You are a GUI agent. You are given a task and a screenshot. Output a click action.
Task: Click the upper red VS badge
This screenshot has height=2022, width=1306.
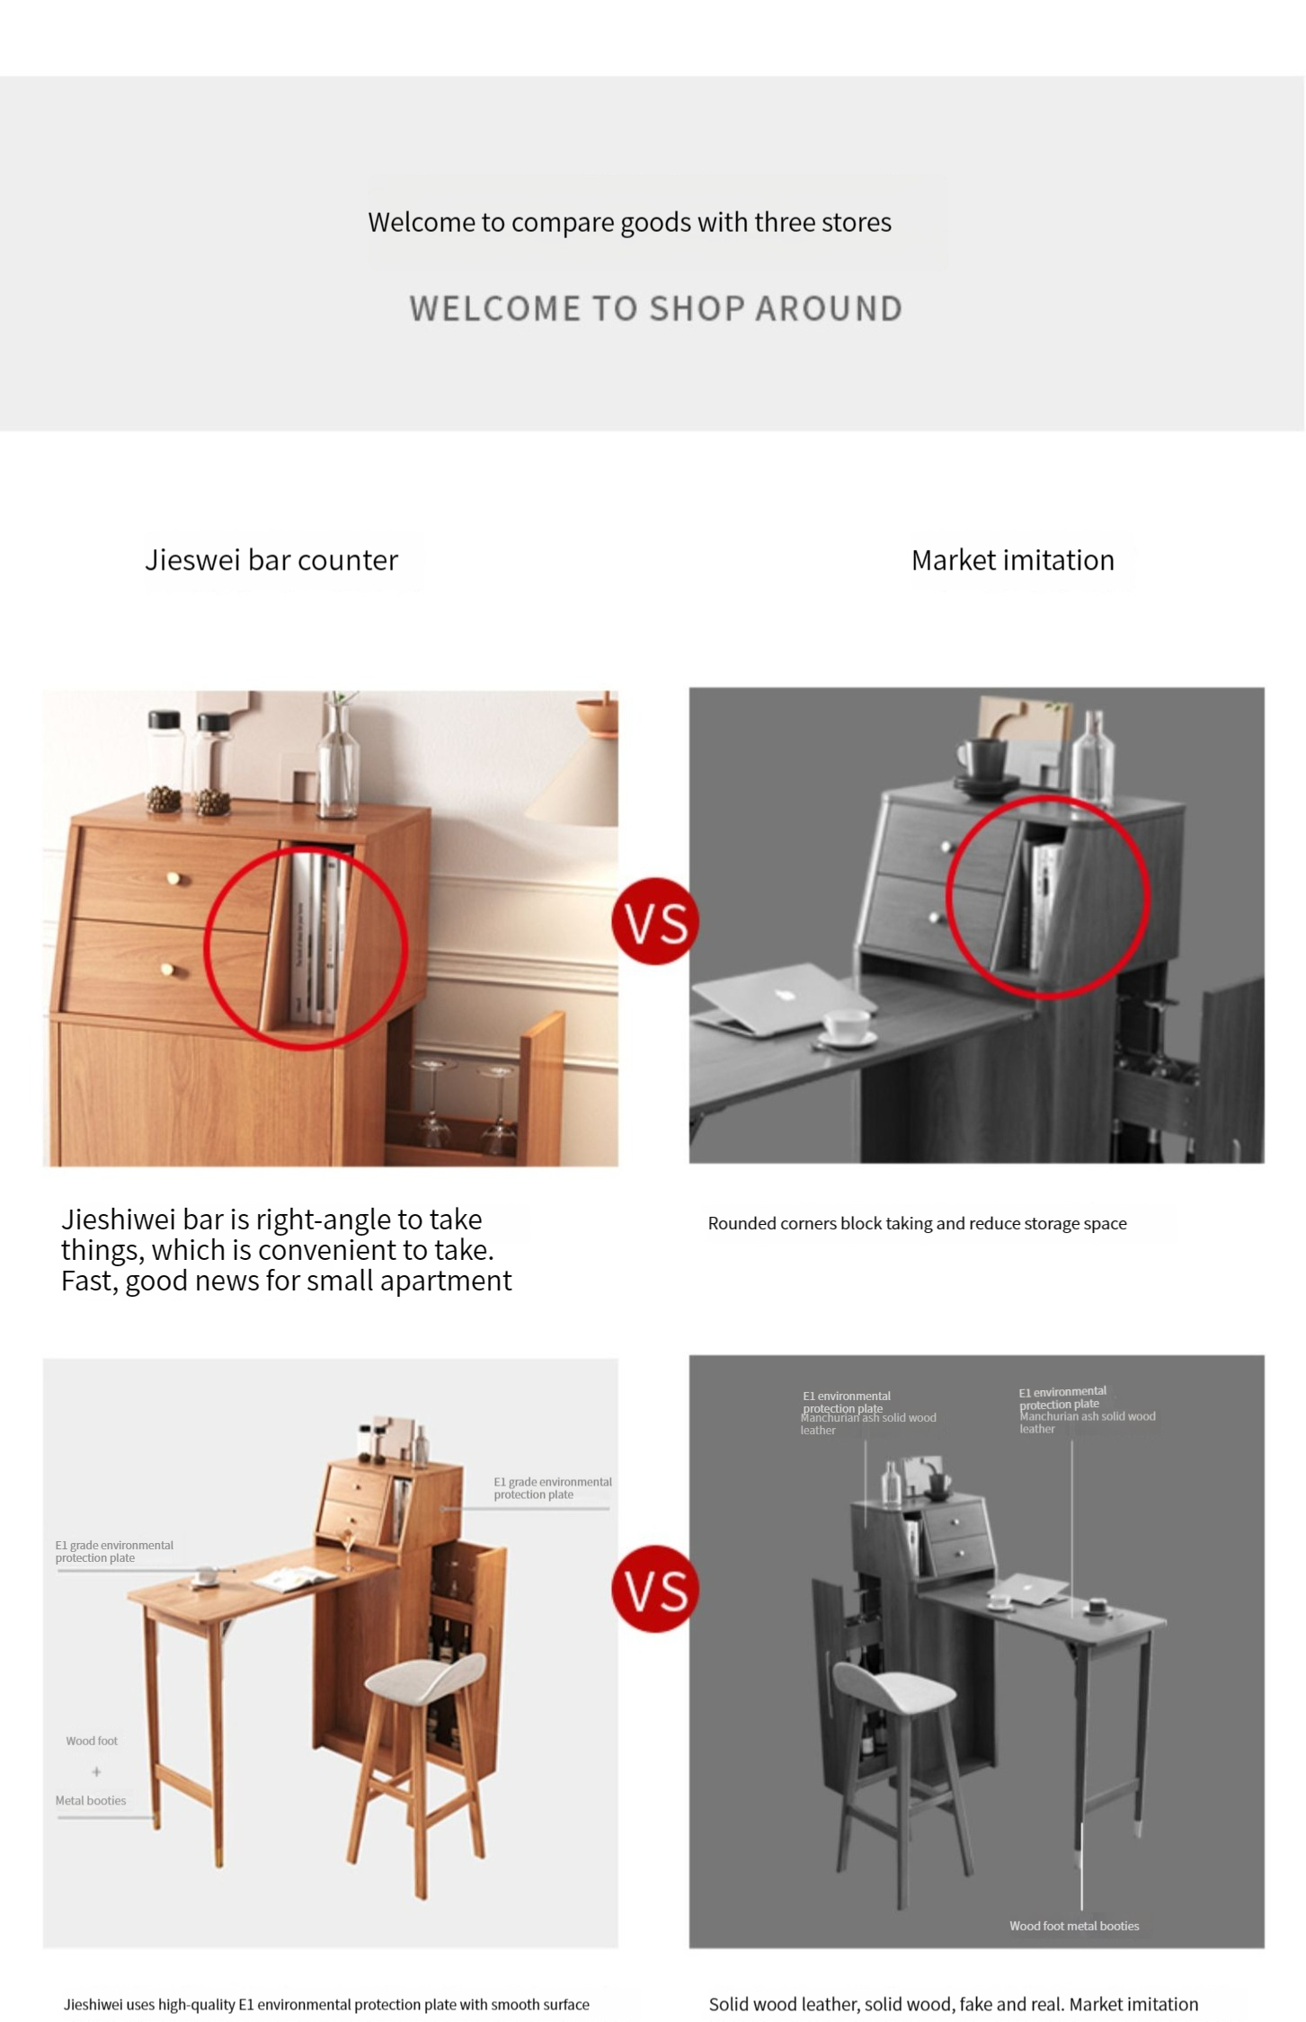655,921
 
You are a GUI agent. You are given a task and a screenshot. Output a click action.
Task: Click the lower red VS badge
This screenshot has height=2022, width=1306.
655,1589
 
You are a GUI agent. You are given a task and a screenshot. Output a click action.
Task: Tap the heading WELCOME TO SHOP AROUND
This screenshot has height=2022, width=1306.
656,309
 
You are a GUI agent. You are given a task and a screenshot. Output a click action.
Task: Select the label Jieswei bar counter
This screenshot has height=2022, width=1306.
271,560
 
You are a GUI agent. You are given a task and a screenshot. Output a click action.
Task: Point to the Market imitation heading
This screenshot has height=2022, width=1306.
1013,560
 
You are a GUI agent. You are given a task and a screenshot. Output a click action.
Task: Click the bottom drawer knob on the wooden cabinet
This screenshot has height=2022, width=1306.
168,969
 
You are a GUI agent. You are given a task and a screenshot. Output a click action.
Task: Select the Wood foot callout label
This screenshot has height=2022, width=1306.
92,1741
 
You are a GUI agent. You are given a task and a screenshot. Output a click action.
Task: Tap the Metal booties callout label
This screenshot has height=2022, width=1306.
91,1800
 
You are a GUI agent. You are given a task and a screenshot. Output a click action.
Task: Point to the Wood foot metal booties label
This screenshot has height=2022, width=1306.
1074,1926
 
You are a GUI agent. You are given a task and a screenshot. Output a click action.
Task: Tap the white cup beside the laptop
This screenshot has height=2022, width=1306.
847,1025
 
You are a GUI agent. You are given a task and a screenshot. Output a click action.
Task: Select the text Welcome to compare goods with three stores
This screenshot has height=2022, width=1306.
630,222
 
